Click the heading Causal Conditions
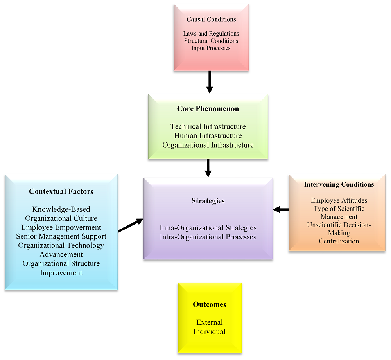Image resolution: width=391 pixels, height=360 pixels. pos(211,19)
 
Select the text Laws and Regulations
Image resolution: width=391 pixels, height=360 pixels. pos(211,34)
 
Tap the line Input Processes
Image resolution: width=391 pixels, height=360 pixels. pos(211,48)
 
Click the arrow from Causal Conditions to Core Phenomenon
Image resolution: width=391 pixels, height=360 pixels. pos(210,82)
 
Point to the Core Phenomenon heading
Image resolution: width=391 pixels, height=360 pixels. pos(208,109)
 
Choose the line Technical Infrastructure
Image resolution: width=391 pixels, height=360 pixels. pos(208,127)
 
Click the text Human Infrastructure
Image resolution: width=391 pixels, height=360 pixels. pos(208,136)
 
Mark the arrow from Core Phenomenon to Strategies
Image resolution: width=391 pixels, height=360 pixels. pos(208,168)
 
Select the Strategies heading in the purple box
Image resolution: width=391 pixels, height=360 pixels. pos(208,201)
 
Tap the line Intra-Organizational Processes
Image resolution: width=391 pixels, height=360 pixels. pos(208,237)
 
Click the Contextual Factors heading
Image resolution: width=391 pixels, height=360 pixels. pos(61,191)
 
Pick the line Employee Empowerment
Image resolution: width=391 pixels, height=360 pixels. pos(61,227)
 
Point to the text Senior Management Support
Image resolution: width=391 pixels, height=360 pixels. pos(61,236)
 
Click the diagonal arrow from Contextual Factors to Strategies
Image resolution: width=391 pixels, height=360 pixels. pos(130,225)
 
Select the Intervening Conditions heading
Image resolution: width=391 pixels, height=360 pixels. pos(339,184)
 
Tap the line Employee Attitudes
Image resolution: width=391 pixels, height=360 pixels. pos(339,200)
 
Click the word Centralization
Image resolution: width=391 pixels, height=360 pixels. pos(339,241)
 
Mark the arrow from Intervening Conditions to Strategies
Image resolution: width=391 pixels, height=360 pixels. pos(281,210)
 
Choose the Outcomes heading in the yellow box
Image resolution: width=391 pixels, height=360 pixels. pos(210,304)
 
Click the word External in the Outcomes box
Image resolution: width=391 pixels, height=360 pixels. pos(210,322)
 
